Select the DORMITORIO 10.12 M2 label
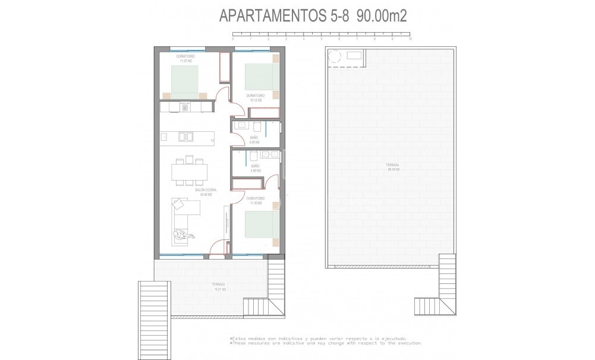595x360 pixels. (256, 98)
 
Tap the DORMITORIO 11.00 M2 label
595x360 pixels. (256, 201)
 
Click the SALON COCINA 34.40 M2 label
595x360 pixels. (206, 192)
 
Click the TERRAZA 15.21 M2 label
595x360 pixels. (218, 287)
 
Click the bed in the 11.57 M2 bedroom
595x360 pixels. (185, 80)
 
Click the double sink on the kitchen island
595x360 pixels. (186, 137)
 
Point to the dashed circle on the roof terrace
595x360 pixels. (335, 56)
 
